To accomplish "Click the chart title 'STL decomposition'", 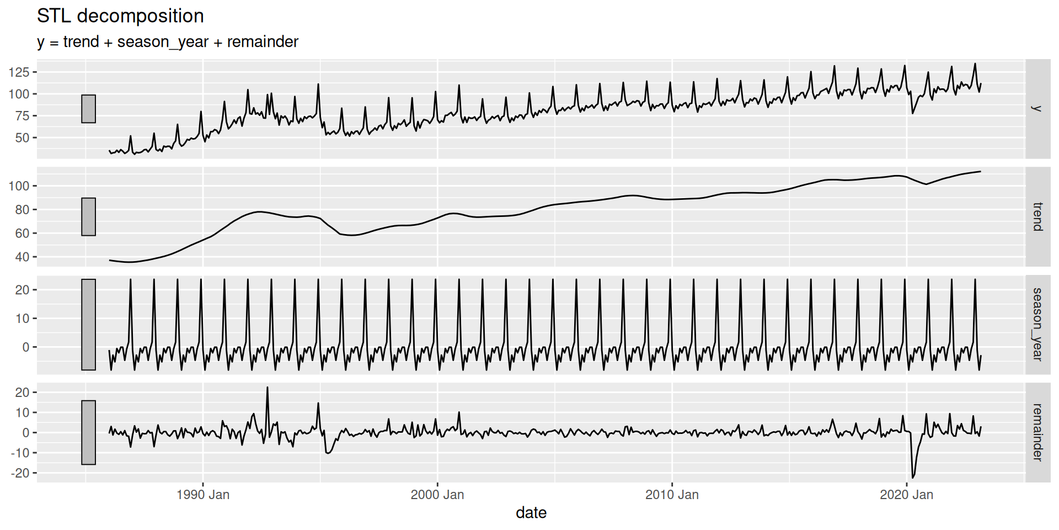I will pos(120,16).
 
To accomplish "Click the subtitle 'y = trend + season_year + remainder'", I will pos(168,42).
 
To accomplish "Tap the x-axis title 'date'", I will pos(531,513).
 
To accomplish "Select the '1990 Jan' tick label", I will pos(203,495).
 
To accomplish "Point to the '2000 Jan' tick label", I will pos(437,495).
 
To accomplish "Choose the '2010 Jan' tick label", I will pos(672,495).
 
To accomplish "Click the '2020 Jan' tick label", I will pos(906,495).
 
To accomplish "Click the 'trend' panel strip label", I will pos(1037,216).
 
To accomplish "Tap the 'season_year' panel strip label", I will pos(1037,325).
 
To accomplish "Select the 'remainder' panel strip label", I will pos(1037,432).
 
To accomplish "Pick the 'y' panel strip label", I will pos(1037,109).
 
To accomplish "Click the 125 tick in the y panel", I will pos(19,72).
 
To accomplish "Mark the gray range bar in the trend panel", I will pos(88,216).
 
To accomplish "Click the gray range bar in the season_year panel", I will pos(88,325).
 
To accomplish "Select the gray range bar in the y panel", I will pos(88,109).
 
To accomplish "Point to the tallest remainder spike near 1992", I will pos(268,388).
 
